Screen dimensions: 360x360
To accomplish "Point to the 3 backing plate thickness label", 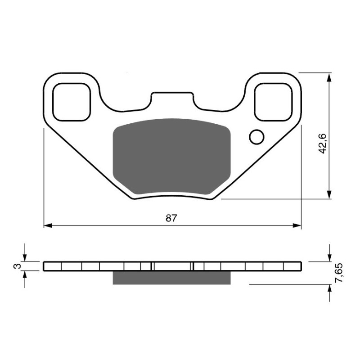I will point(17,266).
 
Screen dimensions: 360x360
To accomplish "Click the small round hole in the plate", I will point(257,137).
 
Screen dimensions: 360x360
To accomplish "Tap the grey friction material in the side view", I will point(171,278).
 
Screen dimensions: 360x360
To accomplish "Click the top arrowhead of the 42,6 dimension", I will point(330,76).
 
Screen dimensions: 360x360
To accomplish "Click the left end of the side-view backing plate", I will point(45,266).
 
